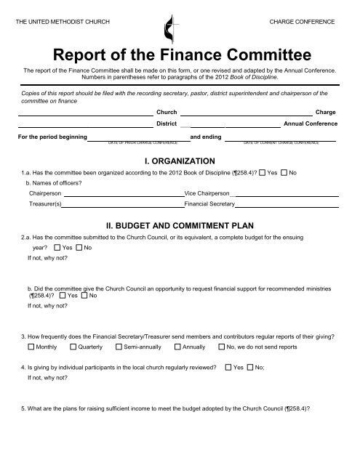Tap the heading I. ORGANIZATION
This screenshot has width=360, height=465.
pos(180,160)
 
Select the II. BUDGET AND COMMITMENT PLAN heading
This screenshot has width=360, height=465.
pos(180,226)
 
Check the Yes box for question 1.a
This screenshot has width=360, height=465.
pos(263,173)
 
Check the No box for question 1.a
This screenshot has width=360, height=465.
pos(284,173)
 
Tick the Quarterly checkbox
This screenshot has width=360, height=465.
pos(73,348)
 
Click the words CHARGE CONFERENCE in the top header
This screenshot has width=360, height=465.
pos(302,23)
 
